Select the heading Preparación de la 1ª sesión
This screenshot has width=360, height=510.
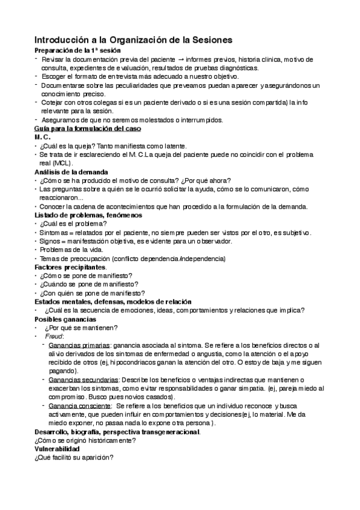click(x=78, y=51)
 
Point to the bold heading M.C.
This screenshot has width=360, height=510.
click(x=43, y=137)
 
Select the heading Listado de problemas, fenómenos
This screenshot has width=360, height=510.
click(x=88, y=215)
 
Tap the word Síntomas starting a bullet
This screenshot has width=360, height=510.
click(x=55, y=232)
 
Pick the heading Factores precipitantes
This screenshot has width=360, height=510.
click(x=71, y=266)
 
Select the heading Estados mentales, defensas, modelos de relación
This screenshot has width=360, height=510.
click(x=112, y=301)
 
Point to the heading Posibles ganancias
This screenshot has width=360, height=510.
click(x=65, y=319)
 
